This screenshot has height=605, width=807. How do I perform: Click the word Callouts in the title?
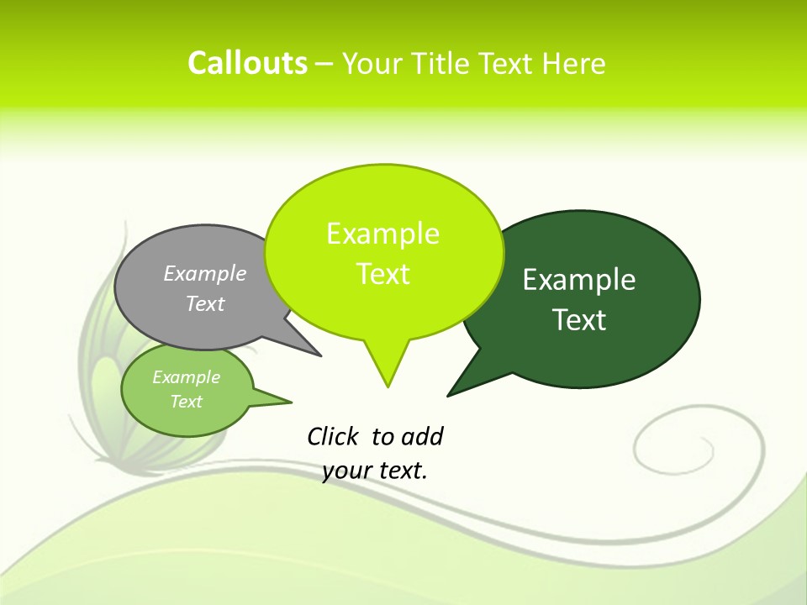coord(247,63)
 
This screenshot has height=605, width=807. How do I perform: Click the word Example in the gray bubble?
coord(205,273)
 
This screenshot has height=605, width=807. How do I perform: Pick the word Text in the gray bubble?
coord(205,303)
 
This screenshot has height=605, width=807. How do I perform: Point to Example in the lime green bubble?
coord(382,234)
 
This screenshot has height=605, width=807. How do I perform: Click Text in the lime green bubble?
coord(382,274)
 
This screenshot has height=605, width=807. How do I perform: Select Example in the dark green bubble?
coord(579,279)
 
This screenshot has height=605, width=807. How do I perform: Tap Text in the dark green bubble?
coord(579,320)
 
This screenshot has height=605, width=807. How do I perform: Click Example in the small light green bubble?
coord(186,377)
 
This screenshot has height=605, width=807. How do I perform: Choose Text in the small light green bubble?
coord(186,402)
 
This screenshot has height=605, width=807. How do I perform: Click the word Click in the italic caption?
coord(333,437)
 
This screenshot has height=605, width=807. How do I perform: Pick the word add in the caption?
coord(422,437)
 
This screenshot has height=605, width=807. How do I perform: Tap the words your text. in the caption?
coord(375,471)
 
